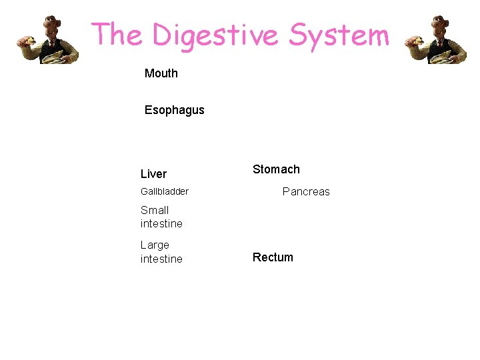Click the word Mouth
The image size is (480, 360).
point(161,73)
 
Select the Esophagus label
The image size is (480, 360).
point(175,110)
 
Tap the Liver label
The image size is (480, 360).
point(153,174)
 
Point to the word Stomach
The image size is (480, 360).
point(276,169)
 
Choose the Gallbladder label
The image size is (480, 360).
point(165,191)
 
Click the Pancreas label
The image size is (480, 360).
point(306,191)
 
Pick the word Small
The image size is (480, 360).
point(155,210)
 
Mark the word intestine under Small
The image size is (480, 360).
point(161,223)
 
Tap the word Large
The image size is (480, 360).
point(155,245)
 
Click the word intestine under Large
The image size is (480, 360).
point(161,259)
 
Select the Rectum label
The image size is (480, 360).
point(273,257)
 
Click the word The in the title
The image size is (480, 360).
point(117,35)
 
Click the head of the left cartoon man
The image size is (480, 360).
point(51,25)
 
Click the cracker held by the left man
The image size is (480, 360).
point(29,40)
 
